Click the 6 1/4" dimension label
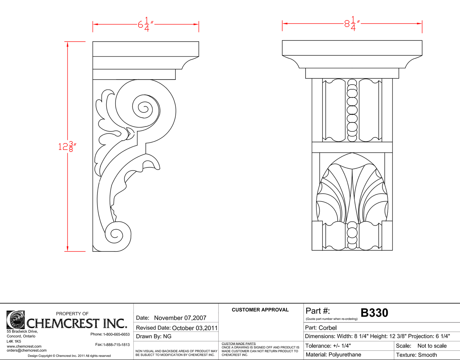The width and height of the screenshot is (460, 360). click(146, 25)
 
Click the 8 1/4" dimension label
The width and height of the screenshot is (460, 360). click(352, 24)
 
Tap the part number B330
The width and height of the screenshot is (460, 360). click(374, 313)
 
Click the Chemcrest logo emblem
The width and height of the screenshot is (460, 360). click(16, 320)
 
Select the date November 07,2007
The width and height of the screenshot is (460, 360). click(180, 318)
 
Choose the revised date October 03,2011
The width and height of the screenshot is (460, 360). click(195, 328)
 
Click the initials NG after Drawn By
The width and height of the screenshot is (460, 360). click(167, 336)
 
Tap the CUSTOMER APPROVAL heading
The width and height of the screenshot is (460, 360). click(260, 310)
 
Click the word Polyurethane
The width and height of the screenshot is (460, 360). click(345, 355)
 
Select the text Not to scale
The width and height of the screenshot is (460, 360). click(432, 346)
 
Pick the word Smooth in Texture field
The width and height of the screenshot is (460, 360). click(427, 355)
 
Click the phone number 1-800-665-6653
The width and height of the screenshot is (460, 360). click(116, 334)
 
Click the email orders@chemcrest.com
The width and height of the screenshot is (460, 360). click(27, 350)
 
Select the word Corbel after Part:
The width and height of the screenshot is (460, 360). click(328, 328)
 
